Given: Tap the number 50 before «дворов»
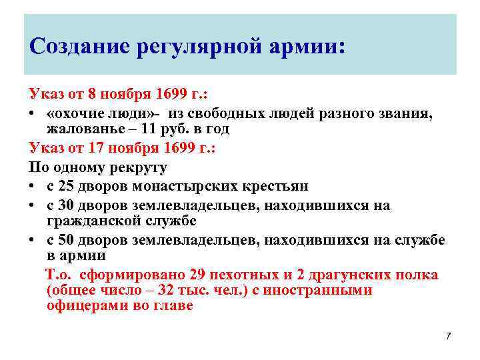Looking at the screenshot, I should click(67, 240).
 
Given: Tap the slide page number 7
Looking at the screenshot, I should click(448, 335).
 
